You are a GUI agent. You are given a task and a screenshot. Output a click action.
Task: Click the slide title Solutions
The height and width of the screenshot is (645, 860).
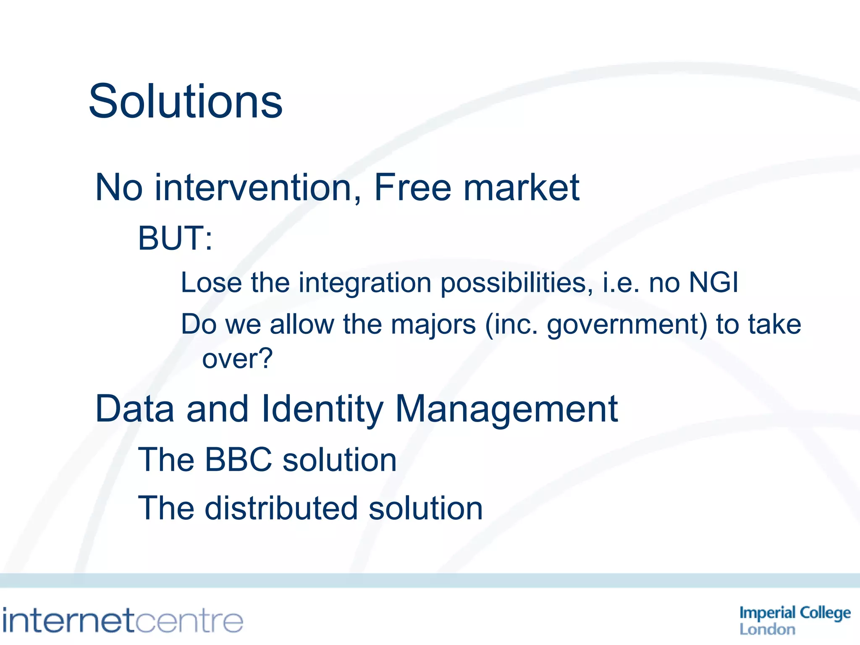tap(186, 102)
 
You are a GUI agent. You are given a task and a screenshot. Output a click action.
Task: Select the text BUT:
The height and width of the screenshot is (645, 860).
tap(175, 238)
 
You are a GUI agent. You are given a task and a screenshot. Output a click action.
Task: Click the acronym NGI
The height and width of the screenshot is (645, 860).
tap(713, 282)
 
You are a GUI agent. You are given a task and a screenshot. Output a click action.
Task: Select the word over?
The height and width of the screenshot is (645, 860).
tap(237, 359)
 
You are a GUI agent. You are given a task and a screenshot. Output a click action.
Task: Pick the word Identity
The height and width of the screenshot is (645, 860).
tap(322, 409)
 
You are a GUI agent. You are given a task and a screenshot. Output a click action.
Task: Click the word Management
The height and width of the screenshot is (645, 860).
tap(506, 409)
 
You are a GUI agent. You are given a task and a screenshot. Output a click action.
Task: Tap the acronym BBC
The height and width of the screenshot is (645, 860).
tap(239, 460)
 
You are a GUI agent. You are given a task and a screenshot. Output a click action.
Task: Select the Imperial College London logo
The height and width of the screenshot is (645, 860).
tap(794, 620)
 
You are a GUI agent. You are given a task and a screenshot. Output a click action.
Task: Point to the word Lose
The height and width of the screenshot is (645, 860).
tap(211, 282)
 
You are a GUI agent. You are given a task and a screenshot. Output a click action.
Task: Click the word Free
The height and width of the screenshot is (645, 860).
tap(412, 188)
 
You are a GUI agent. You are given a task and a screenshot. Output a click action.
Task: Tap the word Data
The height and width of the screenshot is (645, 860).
tap(134, 409)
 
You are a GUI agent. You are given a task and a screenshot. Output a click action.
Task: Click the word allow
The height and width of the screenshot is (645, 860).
tap(302, 325)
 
